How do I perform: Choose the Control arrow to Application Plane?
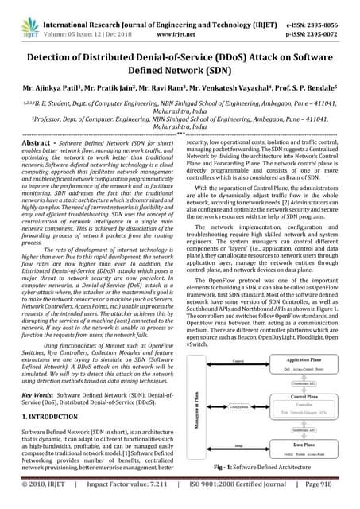(238, 360)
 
